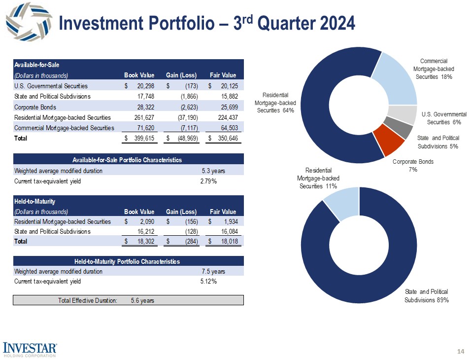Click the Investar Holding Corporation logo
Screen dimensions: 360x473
coord(30,348)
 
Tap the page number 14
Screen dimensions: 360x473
coord(461,351)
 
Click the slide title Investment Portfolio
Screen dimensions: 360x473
coord(206,23)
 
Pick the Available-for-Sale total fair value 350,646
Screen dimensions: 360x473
coord(227,139)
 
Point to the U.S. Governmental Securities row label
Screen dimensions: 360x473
coord(48,86)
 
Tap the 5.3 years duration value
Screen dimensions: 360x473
coord(213,171)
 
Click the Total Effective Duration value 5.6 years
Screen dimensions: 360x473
coord(142,301)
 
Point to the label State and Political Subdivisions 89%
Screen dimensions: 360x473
coord(427,295)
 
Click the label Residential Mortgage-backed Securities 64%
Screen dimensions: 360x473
coord(274,103)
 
